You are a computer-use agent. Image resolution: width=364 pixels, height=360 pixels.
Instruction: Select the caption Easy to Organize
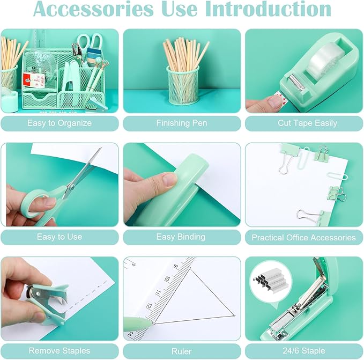coord(60,123)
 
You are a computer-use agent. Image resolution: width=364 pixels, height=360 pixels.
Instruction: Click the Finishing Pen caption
coord(182,123)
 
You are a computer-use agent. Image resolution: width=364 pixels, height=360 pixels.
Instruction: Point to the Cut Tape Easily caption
coord(303,123)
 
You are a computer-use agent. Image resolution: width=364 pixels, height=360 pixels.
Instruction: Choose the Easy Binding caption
coord(181,237)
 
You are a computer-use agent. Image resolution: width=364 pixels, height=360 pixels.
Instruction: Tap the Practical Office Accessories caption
coord(303,237)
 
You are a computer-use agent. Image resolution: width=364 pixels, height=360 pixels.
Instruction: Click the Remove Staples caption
coord(60,351)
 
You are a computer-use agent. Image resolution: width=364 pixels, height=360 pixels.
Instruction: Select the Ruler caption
coord(181,351)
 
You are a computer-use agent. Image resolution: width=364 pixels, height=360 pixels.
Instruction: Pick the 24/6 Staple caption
coord(303,351)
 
